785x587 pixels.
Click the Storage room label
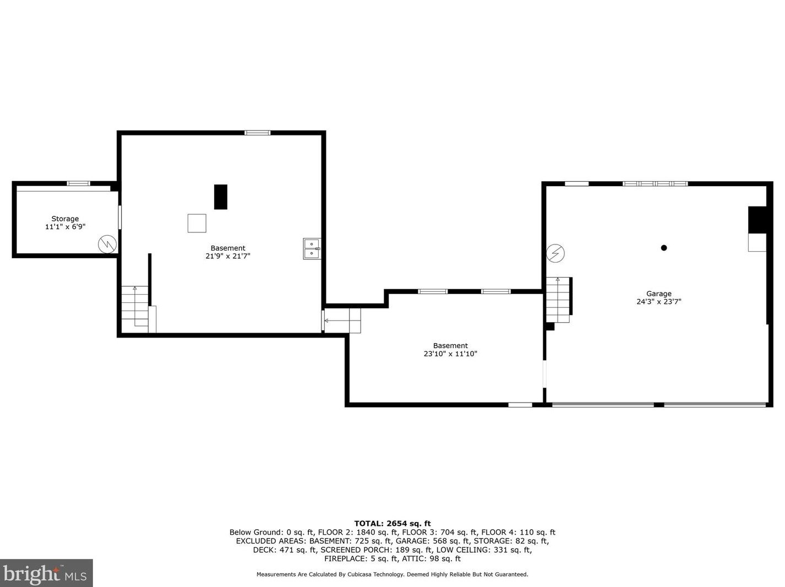tap(65, 219)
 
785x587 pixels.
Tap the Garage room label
tap(658, 293)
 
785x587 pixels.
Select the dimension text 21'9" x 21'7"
tap(228, 256)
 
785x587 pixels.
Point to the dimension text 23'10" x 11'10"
tap(450, 354)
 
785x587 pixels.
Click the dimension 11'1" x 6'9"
tap(65, 227)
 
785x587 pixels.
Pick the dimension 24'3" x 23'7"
tap(658, 302)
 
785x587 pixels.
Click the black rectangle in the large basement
tap(220, 197)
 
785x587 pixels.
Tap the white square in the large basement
tap(197, 223)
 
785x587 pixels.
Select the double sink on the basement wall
tap(312, 248)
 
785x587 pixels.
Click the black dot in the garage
tap(664, 248)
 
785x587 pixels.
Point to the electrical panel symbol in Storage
tap(107, 244)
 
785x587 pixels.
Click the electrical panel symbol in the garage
tap(555, 253)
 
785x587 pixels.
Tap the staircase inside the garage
tap(558, 300)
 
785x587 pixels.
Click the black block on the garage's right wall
tap(757, 220)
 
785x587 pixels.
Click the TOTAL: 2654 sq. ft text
tap(392, 524)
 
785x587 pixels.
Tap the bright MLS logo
tap(46, 573)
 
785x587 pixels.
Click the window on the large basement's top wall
tap(257, 133)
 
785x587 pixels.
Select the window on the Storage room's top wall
tap(78, 183)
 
